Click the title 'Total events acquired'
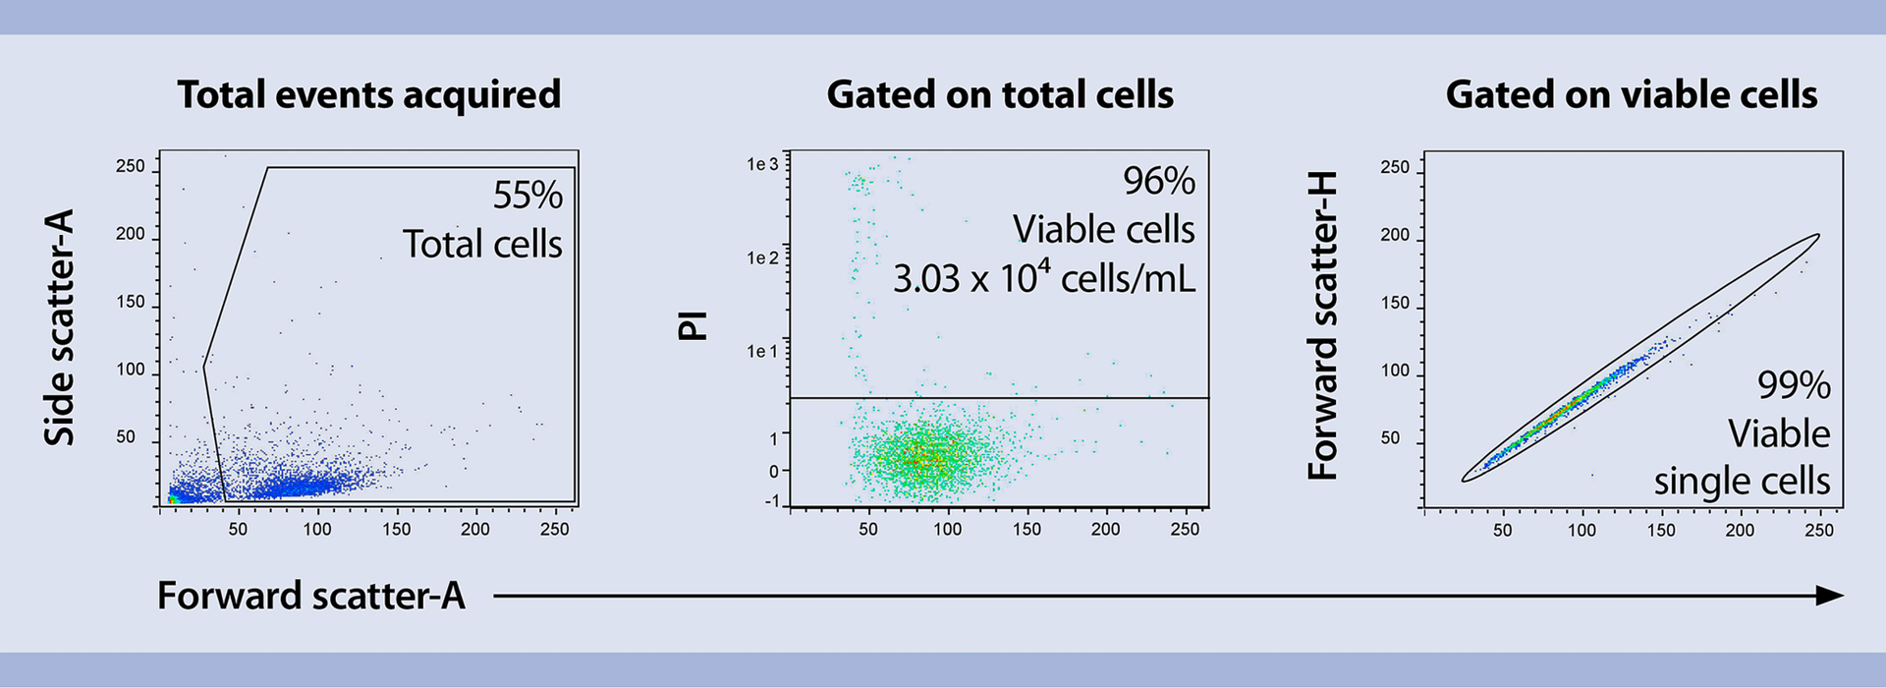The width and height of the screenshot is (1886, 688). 368,94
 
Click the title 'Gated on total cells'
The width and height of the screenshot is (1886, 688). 1000,94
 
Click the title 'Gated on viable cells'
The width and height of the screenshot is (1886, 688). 1631,94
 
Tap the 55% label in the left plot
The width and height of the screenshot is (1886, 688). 527,196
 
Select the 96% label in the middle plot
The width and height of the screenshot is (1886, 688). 1159,181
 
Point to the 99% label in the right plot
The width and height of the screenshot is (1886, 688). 1794,385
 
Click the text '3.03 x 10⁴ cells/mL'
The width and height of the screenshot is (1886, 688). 1044,278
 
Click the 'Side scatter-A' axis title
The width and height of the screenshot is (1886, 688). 60,327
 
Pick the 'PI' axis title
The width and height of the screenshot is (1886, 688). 693,325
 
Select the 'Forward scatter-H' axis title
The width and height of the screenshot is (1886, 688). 1323,325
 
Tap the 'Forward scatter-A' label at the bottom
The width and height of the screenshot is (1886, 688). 310,596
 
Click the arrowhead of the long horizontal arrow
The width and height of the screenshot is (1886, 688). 1829,596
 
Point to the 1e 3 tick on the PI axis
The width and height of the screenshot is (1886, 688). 762,164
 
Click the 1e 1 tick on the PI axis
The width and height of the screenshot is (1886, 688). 762,351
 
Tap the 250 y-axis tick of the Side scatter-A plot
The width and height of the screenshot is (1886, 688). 130,166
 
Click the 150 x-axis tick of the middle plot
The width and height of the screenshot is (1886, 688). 1026,529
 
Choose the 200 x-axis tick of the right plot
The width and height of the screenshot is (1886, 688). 1740,530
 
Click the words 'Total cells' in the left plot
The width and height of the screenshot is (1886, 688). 482,244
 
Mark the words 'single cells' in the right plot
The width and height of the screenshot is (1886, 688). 1742,482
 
